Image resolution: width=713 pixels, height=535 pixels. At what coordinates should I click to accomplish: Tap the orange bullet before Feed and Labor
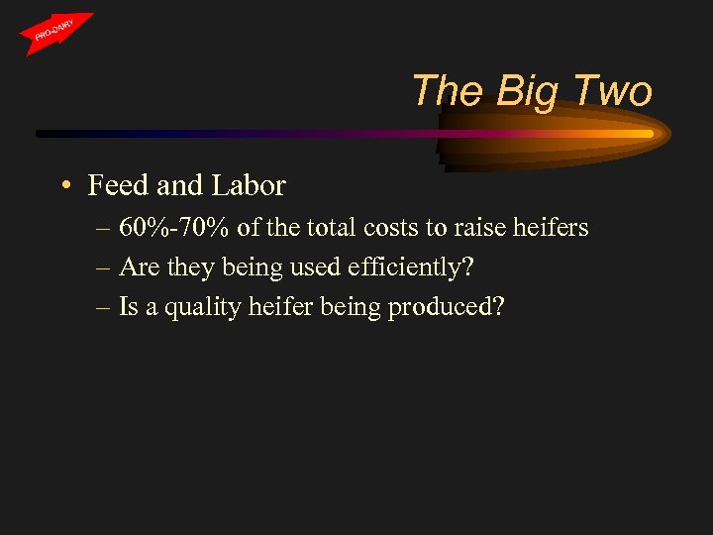coord(63,186)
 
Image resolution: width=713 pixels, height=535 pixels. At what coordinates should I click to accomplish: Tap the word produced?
coord(447,308)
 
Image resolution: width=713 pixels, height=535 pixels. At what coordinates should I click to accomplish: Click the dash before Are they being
coord(103,268)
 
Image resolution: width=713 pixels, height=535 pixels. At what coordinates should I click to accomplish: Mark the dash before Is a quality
coord(103,308)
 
